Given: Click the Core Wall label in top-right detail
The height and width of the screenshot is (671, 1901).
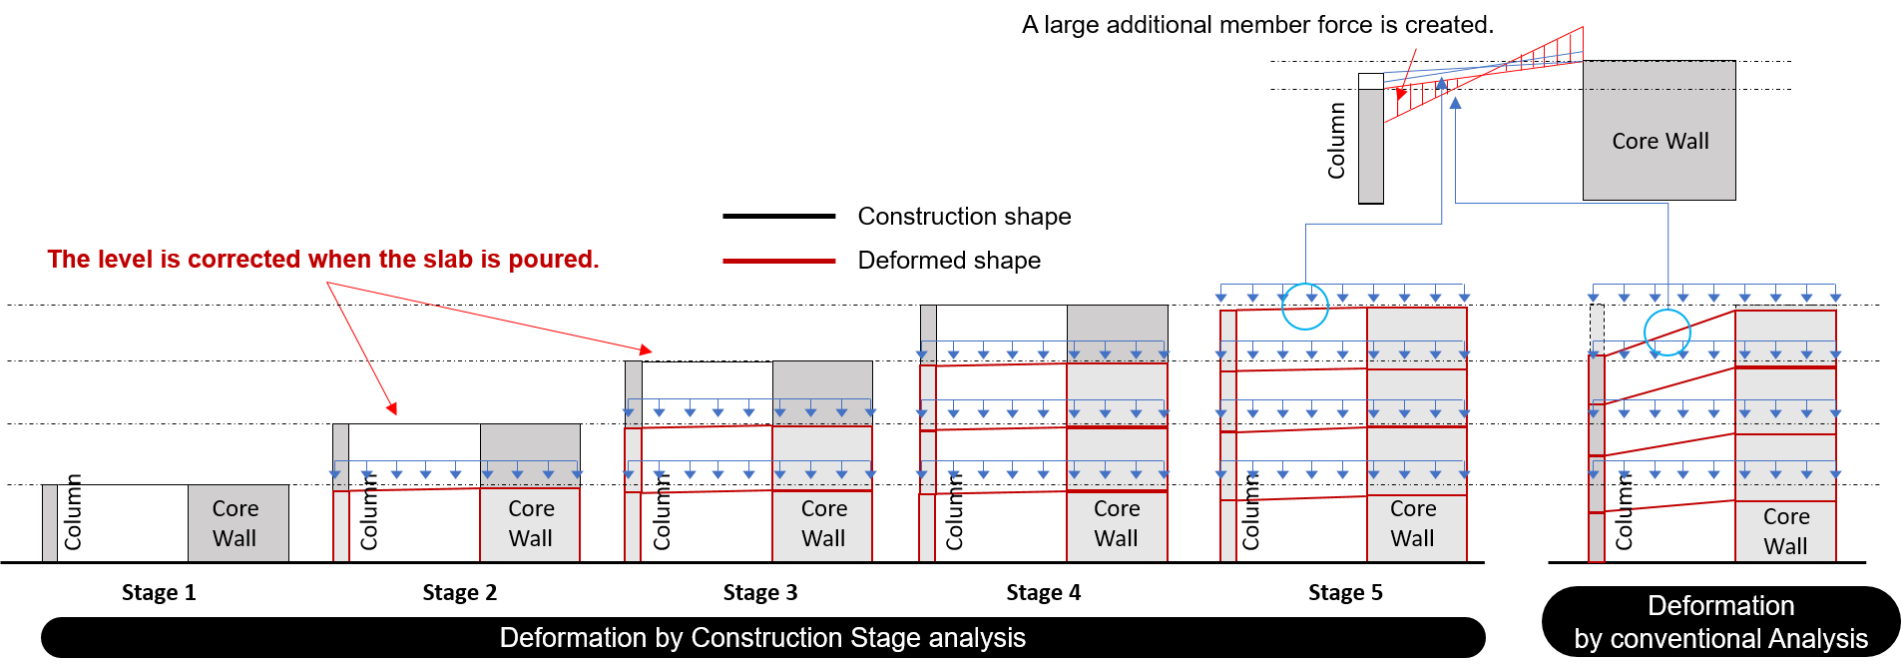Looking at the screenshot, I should click(1660, 141).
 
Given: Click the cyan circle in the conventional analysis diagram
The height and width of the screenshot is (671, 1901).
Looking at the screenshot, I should click(1666, 333).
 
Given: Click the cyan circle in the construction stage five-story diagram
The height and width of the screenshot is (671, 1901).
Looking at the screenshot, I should click(1304, 307).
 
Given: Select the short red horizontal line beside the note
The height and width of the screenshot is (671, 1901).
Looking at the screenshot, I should click(778, 261).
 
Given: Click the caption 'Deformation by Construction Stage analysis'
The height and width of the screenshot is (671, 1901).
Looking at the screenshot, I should click(761, 637).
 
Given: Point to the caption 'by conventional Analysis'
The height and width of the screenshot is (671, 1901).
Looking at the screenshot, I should click(1720, 639).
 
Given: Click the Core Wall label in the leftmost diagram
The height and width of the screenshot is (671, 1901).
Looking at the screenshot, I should click(235, 523).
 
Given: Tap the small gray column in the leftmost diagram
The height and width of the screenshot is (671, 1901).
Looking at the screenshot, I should click(50, 522).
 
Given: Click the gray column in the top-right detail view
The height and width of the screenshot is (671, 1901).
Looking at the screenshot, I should click(1370, 146).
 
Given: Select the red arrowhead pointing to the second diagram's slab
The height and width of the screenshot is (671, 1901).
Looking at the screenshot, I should click(393, 408).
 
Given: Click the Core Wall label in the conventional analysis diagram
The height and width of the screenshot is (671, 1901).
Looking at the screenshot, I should click(1785, 531).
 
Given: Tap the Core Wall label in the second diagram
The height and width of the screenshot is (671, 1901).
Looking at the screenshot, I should click(530, 523).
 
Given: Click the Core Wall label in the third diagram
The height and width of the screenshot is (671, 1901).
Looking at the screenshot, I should click(823, 523).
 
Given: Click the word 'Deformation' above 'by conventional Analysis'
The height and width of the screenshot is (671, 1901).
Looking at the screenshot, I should click(1720, 606).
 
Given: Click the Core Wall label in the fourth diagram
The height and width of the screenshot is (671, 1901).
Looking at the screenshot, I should click(1116, 523).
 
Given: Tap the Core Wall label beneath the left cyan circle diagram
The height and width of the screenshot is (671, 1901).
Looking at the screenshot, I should click(1412, 523).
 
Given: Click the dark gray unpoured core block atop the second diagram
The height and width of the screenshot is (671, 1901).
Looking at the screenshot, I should click(530, 442).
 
